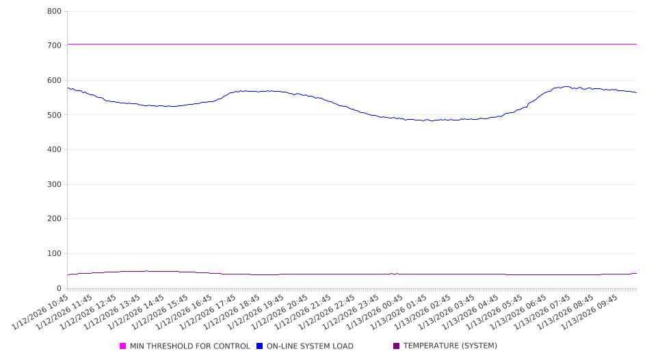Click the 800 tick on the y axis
coord(54,11)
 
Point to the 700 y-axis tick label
coord(54,45)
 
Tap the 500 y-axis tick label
coord(54,115)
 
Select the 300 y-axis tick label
coord(54,184)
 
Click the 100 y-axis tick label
coord(54,253)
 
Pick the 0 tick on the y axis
coord(60,288)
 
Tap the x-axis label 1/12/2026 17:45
coord(208,313)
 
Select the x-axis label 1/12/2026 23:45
coord(350,313)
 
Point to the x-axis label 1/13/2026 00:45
coord(374,313)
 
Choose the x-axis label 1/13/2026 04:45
coord(469,313)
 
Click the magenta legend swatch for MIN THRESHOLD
coord(123,346)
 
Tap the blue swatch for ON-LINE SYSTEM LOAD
coord(260,346)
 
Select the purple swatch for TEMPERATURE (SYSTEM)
coord(397,346)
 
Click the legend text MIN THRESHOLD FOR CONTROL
coord(189,346)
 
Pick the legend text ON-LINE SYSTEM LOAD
coord(309,346)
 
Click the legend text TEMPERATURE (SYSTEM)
coord(450,346)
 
